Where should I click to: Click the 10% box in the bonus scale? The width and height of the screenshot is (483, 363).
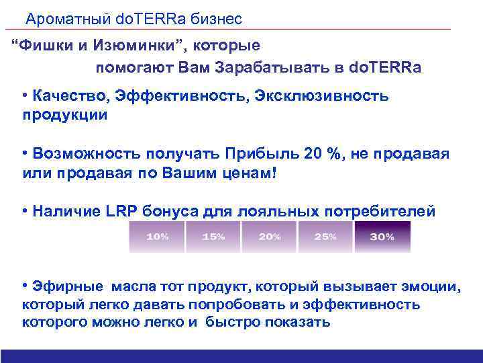pyautogui.click(x=156, y=237)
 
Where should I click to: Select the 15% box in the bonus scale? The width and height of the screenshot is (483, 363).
pyautogui.click(x=213, y=237)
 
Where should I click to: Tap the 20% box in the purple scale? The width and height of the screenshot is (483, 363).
pyautogui.click(x=268, y=237)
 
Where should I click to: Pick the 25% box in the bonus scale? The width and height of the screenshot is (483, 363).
pyautogui.click(x=325, y=237)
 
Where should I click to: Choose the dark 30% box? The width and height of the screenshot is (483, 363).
pyautogui.click(x=382, y=237)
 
